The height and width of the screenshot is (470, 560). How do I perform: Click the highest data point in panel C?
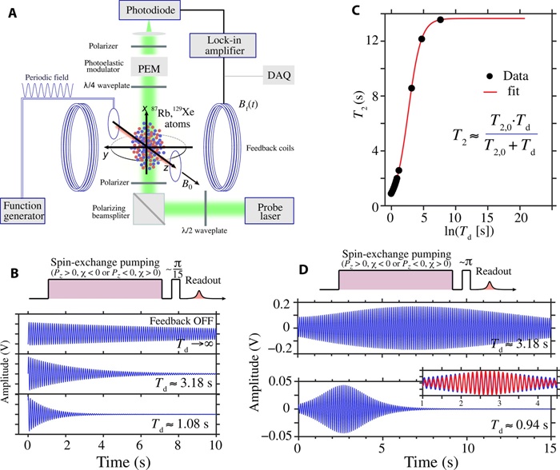click(440, 20)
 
